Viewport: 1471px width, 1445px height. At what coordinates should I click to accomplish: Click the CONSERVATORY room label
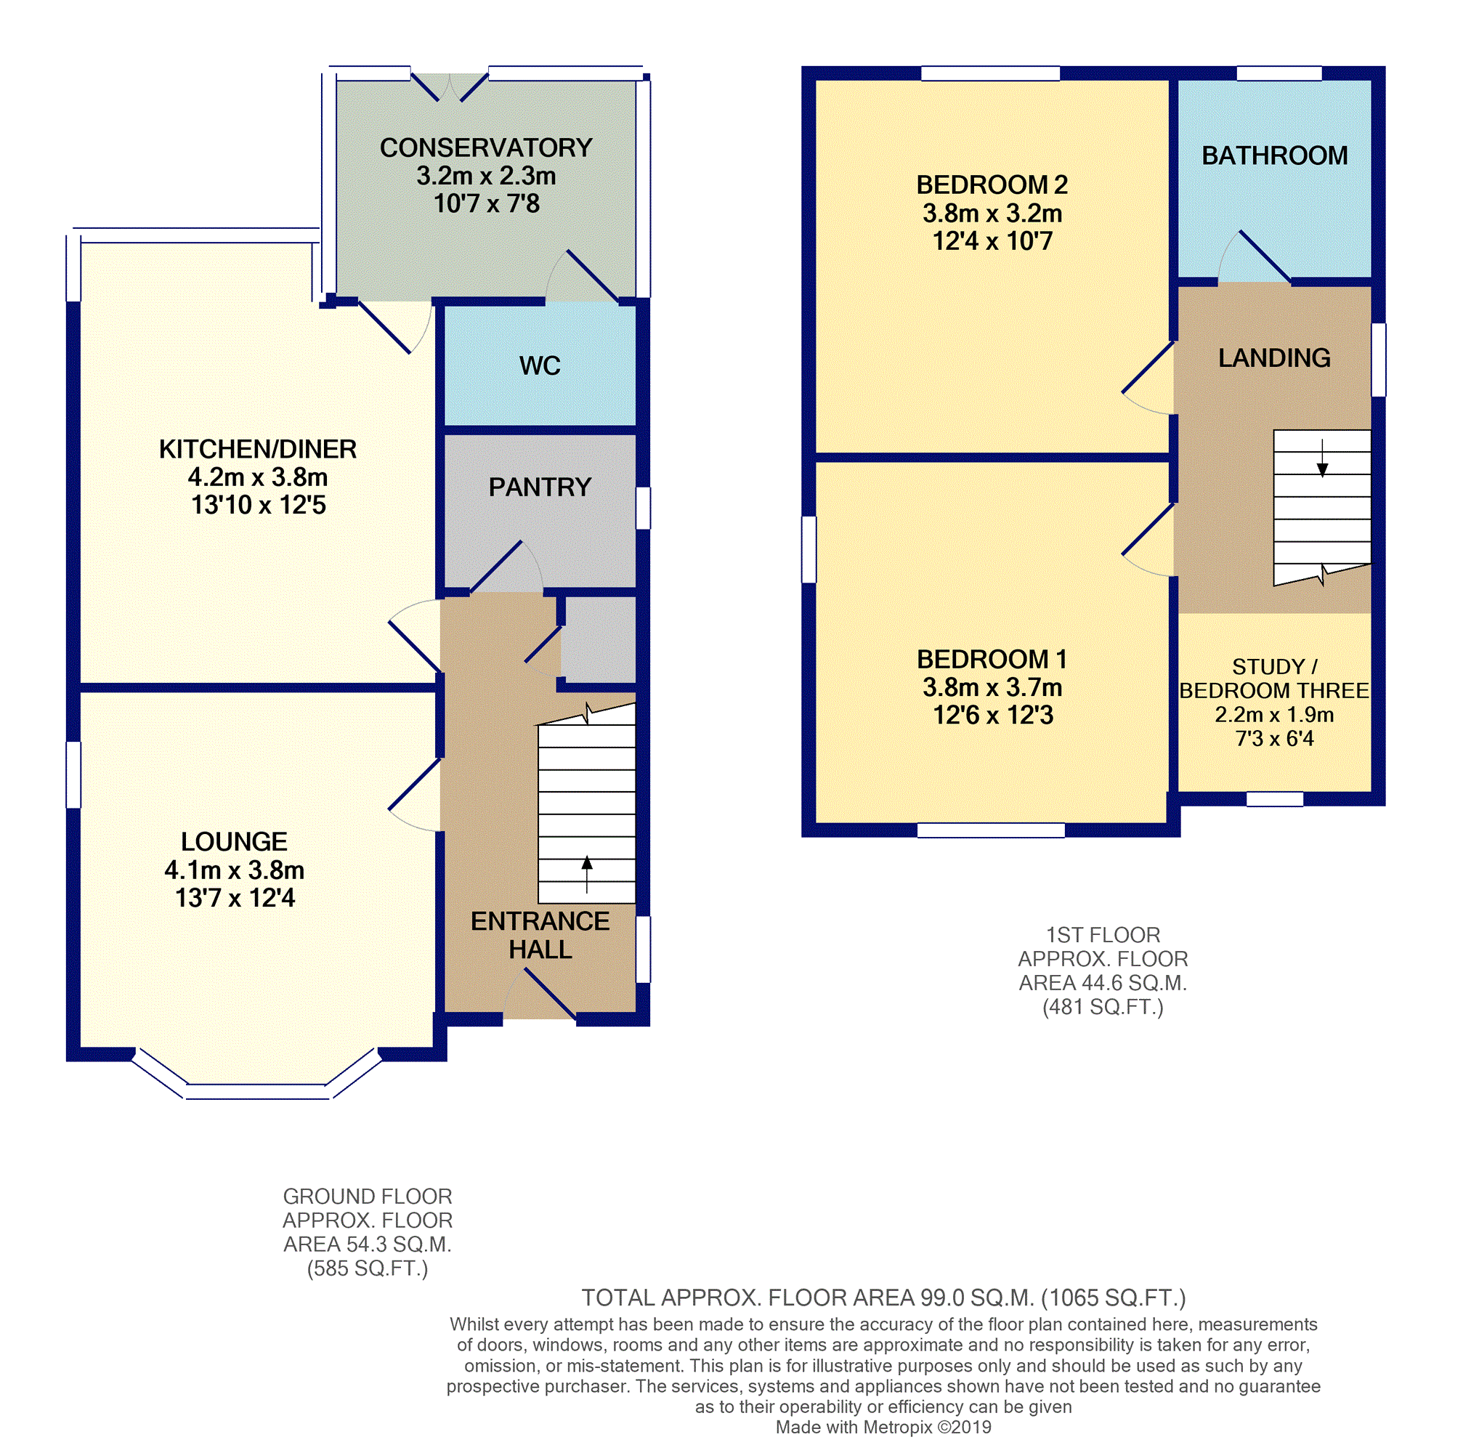coord(486,147)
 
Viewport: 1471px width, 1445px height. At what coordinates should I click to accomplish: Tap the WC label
coord(540,366)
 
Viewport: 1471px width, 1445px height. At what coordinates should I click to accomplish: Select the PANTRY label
coord(540,487)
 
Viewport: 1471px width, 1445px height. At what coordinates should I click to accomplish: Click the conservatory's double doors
coord(450,87)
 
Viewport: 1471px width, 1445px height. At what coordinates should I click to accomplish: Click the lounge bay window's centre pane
coord(258,1091)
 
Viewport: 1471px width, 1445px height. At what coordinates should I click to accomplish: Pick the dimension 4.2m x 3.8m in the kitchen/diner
coord(258,477)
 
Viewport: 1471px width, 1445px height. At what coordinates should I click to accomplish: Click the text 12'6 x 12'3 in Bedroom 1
coord(993,716)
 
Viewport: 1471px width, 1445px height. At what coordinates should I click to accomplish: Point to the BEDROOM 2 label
coord(992,185)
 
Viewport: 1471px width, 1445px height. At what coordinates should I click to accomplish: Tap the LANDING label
coord(1274,358)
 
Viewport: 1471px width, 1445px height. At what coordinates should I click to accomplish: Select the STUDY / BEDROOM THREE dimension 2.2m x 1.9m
coord(1274,715)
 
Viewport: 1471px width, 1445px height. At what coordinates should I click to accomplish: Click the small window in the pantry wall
coord(643,508)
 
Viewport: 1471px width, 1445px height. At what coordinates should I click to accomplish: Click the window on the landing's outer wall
coord(1379,360)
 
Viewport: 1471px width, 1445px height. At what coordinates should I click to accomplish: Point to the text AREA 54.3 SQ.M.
coord(368,1244)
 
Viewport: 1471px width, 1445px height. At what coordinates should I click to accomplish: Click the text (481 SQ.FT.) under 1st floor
coord(1102,1007)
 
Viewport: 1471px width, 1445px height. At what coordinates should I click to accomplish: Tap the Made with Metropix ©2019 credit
coord(883,1427)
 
